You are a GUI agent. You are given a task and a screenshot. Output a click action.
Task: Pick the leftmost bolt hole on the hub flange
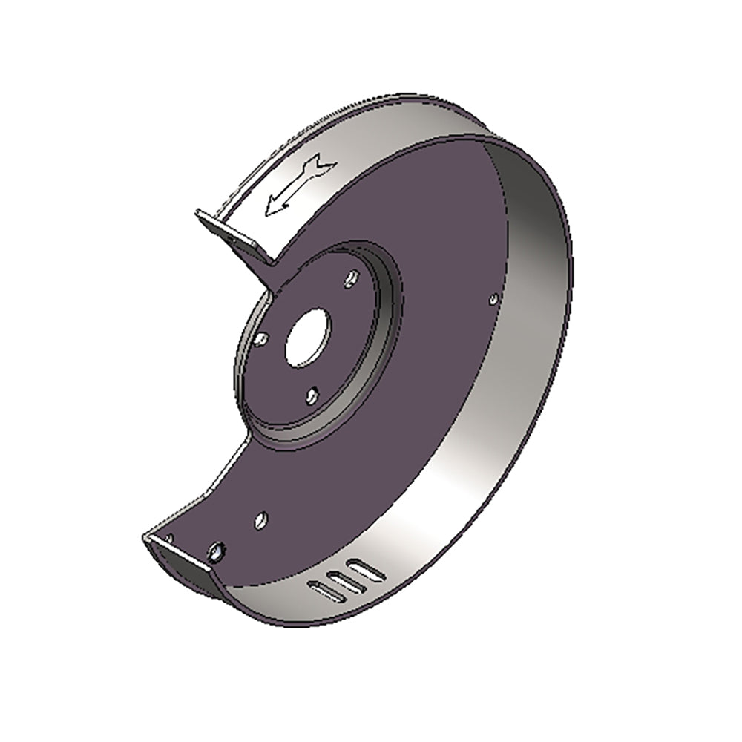point(260,339)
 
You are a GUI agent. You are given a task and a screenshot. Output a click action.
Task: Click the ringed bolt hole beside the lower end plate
point(216,551)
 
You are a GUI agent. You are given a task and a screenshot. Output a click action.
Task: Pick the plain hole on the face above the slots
point(260,519)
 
